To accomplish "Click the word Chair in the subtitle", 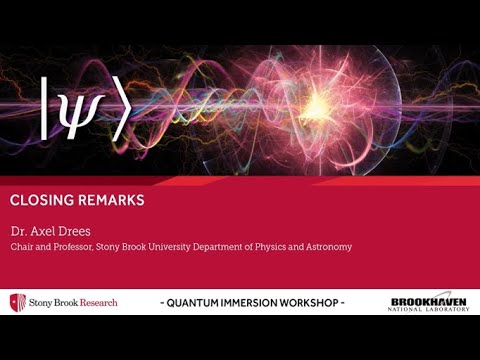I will pos(21,246).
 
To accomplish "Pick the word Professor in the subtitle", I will pos(72,246).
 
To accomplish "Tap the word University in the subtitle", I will pos(169,246).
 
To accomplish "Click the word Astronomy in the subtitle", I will pos(326,246).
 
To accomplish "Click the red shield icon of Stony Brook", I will pos(14,302).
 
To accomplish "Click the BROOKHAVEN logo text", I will pos(428,299).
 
